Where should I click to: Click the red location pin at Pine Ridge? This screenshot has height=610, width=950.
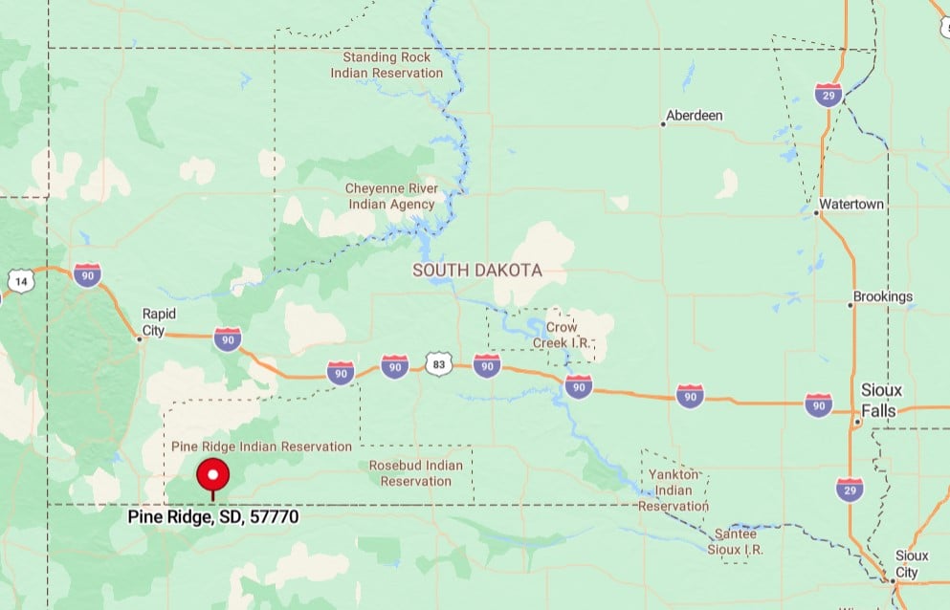coord(212,475)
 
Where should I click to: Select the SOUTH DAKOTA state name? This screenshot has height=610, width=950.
coord(476,271)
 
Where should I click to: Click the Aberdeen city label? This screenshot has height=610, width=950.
coord(695,116)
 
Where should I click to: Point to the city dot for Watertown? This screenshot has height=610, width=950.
coord(817,212)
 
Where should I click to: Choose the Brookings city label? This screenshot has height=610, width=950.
coord(882,296)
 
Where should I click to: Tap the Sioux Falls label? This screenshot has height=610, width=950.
coord(880,401)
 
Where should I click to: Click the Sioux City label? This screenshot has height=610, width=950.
coord(905,563)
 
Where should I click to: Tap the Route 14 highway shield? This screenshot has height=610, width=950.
coord(21,281)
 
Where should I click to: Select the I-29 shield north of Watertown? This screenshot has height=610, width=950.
coord(828,94)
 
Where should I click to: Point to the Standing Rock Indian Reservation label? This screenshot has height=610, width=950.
coord(387,65)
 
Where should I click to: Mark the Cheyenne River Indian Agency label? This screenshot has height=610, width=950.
coord(390,196)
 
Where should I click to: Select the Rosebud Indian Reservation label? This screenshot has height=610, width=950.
coord(415,473)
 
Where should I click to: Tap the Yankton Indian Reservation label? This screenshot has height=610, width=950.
coord(674,490)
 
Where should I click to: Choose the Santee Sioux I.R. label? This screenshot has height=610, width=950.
coord(736,541)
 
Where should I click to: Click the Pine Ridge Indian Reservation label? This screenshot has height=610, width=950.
coord(261,447)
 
